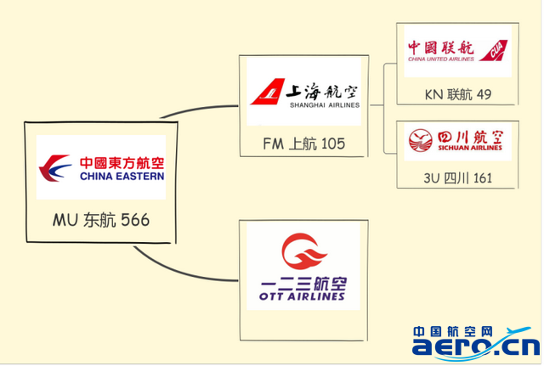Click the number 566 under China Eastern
pos(135,220)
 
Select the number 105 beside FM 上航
pos(331,144)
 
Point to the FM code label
pos(273,144)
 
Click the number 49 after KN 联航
pos(484,94)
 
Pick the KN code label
pos(433,94)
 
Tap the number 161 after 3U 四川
pos(483,178)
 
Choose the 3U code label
pos(432,178)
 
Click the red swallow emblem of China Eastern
pos(54,168)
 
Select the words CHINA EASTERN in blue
pos(122,177)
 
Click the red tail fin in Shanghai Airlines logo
pos(268,92)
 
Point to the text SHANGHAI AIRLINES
pos(325,105)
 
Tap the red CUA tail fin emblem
pos(493,51)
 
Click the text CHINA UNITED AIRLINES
pos(441,59)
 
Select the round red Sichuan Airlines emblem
pos(421,140)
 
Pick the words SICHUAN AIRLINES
pos(470,148)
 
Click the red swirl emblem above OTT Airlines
pos(303,251)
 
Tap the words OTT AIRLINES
pos(302,296)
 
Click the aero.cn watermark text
pos(476,346)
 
